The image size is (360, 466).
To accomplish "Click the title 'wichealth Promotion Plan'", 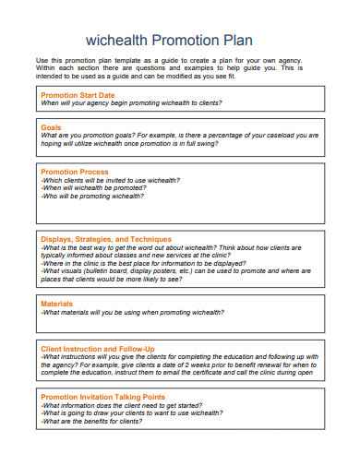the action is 168,41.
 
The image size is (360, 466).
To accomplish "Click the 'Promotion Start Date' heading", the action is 78,95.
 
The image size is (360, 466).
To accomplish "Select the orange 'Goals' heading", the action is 51,126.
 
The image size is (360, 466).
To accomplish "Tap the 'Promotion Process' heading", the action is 75,172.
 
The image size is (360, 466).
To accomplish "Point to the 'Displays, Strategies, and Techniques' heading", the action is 106,238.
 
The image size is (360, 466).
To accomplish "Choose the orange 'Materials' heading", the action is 56,304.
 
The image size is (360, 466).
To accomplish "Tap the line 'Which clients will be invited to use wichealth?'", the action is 111,180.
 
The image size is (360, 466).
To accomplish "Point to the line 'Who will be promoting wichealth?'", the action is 92,197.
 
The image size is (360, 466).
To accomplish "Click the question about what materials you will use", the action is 134,312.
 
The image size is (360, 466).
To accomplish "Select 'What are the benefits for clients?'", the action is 91,420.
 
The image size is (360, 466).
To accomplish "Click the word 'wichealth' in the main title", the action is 118,41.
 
